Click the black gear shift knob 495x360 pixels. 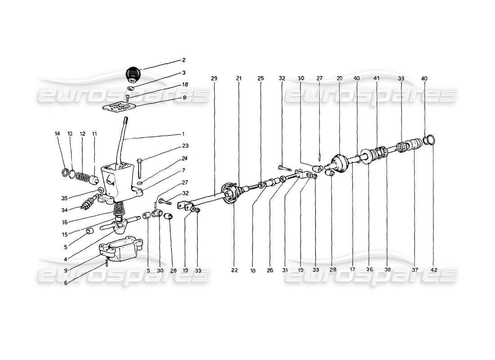coord(133,73)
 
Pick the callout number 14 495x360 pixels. coord(57,134)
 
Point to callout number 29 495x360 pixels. coord(214,78)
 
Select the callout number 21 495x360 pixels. coord(239,78)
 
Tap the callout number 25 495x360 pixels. coord(261,78)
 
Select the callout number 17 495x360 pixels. coord(352,270)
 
